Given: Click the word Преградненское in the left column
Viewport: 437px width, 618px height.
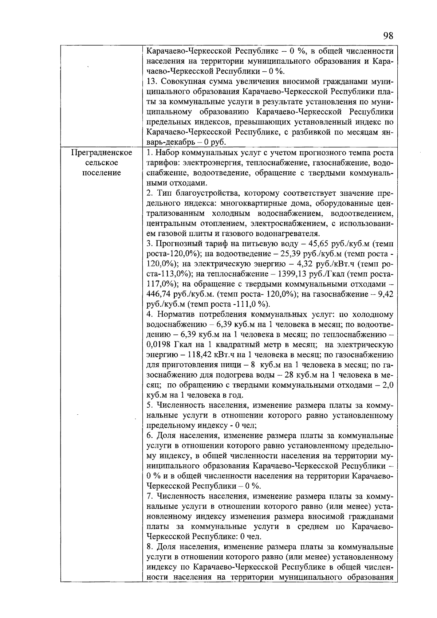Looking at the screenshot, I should pos(101,153).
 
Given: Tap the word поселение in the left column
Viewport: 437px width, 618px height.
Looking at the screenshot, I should pos(101,173).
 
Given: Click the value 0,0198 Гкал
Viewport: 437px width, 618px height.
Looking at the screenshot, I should pos(158,344).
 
